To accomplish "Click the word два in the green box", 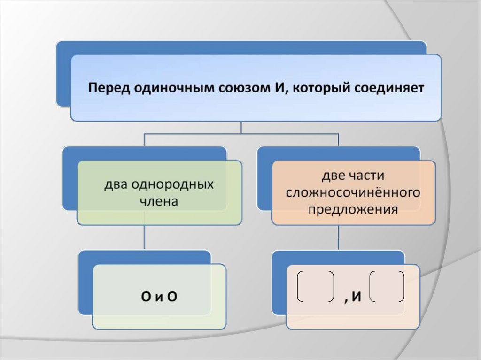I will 116,184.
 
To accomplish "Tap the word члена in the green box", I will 159,202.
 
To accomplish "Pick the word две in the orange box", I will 332,176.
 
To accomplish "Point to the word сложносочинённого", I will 352,192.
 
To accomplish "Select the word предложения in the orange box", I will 352,209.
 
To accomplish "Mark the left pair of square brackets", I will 316,286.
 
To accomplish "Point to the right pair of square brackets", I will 387,286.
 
